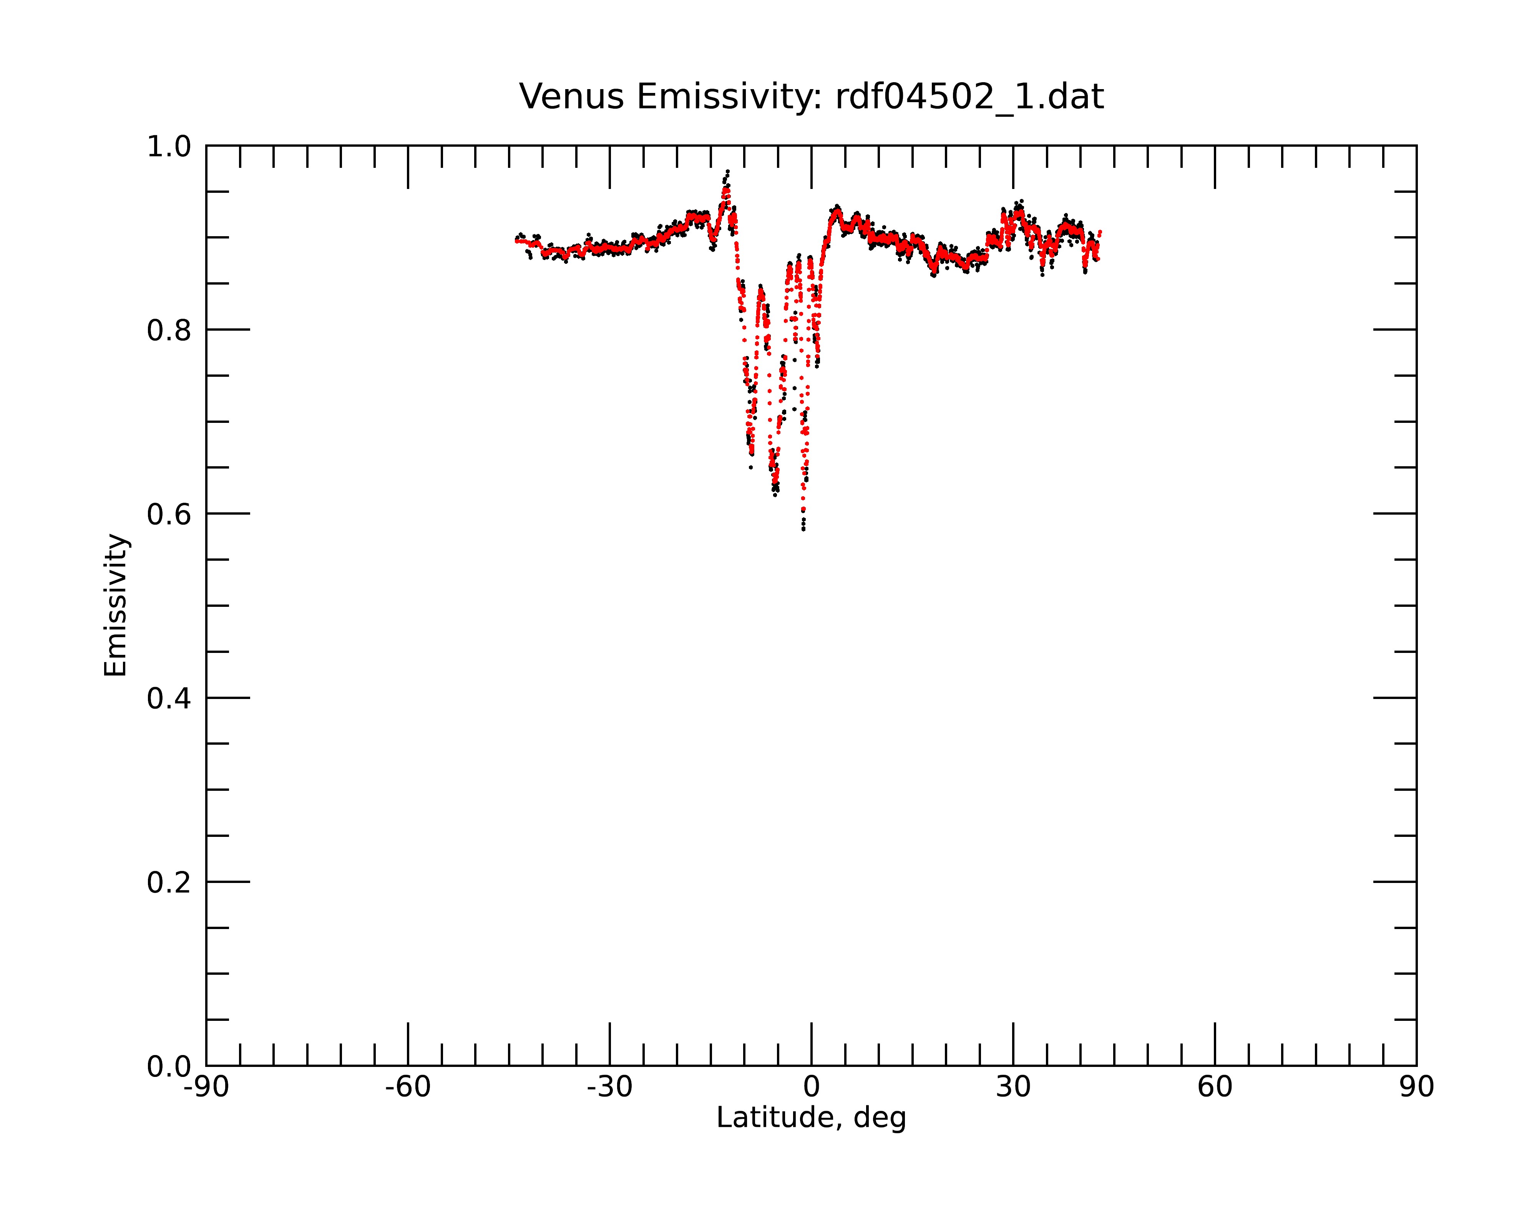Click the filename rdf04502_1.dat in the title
point(969,97)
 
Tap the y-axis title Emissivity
point(116,605)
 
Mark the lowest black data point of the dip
point(803,529)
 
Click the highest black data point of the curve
point(728,171)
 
